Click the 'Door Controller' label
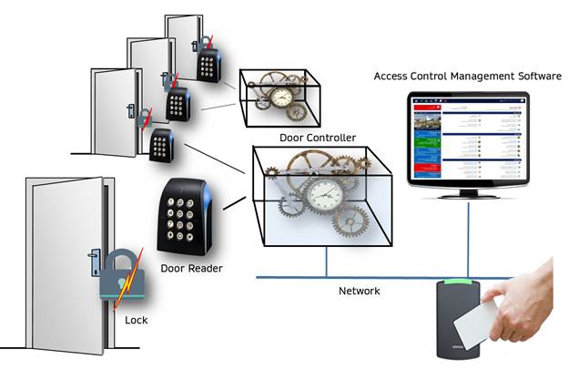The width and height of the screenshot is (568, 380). (x=319, y=138)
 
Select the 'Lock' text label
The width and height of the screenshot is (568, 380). (x=136, y=321)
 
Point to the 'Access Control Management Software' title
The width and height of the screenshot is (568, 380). (x=467, y=77)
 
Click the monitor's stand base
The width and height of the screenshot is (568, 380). (x=468, y=195)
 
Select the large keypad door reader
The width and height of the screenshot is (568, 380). (x=186, y=217)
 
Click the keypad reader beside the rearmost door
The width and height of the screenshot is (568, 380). (x=209, y=63)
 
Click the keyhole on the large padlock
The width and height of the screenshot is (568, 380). (x=119, y=285)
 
